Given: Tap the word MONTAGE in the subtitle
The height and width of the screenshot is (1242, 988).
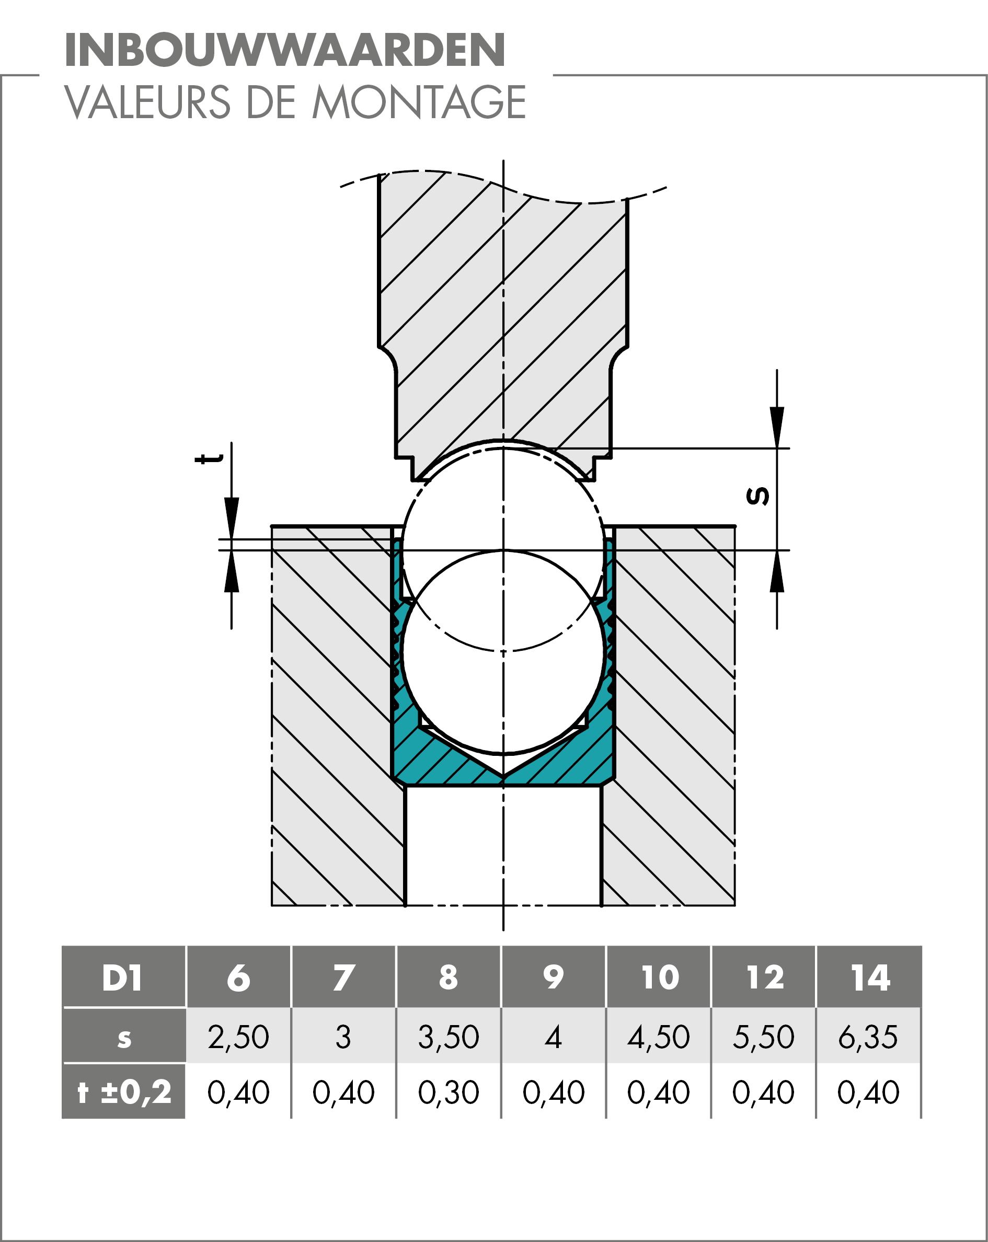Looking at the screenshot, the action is click(x=419, y=102).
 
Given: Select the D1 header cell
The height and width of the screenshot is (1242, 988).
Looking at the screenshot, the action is click(x=123, y=978).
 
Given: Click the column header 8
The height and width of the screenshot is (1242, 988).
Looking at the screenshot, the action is click(x=448, y=978).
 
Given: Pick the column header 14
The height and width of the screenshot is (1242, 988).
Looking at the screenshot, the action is click(x=870, y=978).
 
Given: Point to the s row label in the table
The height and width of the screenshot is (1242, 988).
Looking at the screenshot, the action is click(x=124, y=1038).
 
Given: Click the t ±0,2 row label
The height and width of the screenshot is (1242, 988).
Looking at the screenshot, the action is click(x=124, y=1092).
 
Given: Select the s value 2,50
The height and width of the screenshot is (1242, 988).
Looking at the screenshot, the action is click(x=238, y=1037).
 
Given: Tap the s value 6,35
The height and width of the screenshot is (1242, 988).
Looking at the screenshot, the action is click(x=868, y=1037).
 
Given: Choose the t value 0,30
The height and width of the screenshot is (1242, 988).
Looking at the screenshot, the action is click(x=448, y=1092).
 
